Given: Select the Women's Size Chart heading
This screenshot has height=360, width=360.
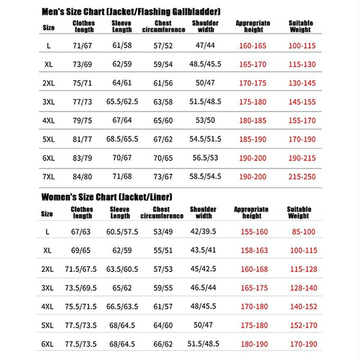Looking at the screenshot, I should (x=107, y=197).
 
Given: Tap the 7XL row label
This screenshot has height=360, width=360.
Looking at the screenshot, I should (x=49, y=178).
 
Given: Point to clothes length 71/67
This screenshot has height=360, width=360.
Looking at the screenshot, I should (x=82, y=46).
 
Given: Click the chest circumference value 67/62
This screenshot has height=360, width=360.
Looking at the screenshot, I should (x=163, y=140).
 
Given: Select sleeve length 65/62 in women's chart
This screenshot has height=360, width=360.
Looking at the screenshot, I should (x=121, y=288).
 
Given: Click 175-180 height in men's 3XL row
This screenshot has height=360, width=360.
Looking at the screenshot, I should (x=253, y=102).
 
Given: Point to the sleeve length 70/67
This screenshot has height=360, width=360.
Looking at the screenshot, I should (x=121, y=159).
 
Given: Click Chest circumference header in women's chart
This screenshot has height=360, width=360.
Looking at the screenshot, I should (x=163, y=212).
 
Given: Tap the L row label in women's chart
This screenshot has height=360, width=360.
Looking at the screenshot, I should (x=47, y=231).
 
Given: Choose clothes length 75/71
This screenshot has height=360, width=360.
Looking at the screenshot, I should (x=82, y=83).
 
